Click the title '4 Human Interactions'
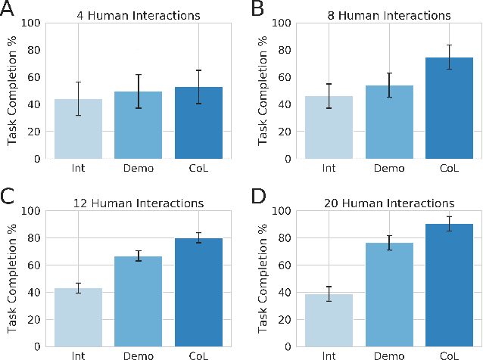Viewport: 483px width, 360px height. point(137,15)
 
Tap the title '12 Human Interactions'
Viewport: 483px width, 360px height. point(137,203)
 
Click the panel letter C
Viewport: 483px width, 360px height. point(9,198)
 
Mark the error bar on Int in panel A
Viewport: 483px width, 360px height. point(78,98)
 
